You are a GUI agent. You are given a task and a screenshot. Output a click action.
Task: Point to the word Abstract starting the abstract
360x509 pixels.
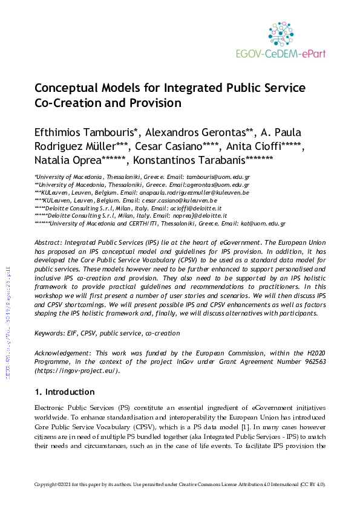51,259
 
